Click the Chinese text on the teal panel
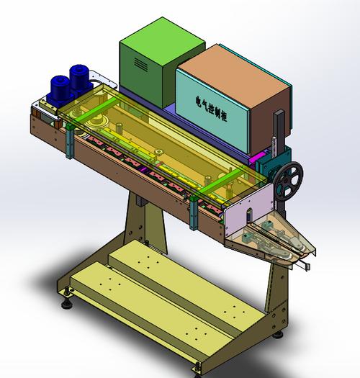pyautogui.click(x=211, y=108)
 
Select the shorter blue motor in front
pyautogui.click(x=59, y=89)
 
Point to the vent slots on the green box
pyautogui.click(x=141, y=63)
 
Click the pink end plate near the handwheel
pyautogui.click(x=248, y=209)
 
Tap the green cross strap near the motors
pyautogui.click(x=96, y=111)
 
